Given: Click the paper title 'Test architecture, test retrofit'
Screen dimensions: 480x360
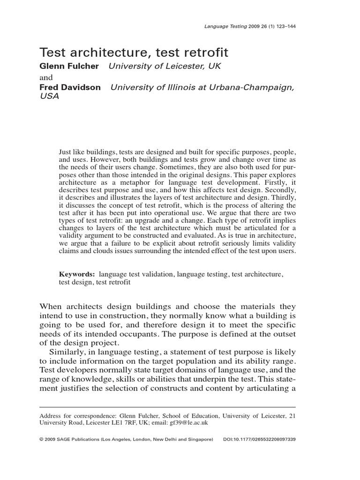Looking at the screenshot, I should tap(134, 51).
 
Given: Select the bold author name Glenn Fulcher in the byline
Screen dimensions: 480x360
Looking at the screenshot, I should tap(69, 66).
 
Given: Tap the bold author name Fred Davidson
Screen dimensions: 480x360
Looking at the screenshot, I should tap(70, 88).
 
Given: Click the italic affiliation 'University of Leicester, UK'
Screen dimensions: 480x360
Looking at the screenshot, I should tap(165, 66).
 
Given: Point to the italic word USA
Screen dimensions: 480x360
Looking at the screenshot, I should tap(49, 97).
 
